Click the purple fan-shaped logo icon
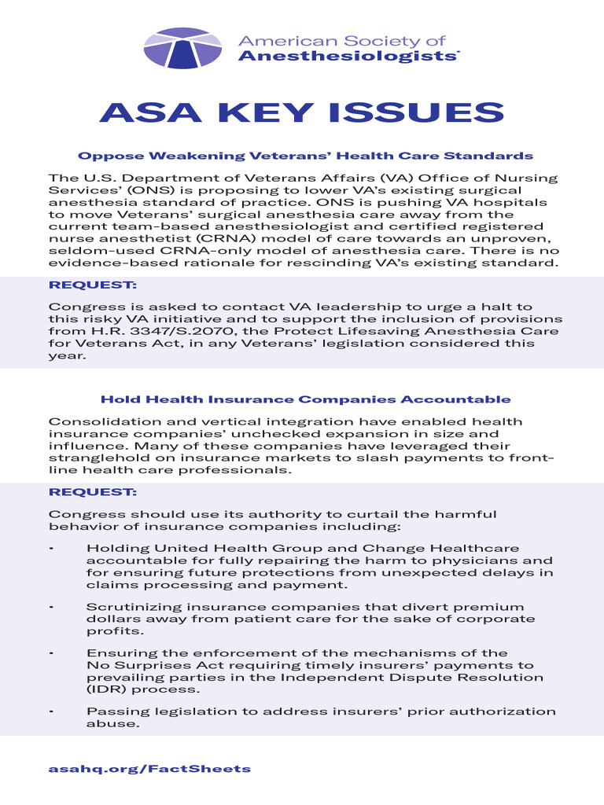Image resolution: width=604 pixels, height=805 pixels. [182, 48]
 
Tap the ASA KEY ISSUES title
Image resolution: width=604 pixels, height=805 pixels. [302, 112]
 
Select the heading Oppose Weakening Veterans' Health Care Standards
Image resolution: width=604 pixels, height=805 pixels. [305, 156]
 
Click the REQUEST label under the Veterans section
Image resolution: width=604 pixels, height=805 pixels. [93, 285]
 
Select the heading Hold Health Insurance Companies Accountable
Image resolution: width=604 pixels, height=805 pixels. [305, 399]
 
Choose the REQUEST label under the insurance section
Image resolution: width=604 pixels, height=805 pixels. [93, 492]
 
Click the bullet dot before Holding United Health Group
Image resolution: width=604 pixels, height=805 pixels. [51, 548]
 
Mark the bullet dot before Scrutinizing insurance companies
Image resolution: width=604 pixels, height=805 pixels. [51, 607]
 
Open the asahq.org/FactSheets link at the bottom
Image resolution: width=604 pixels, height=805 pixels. [149, 768]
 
